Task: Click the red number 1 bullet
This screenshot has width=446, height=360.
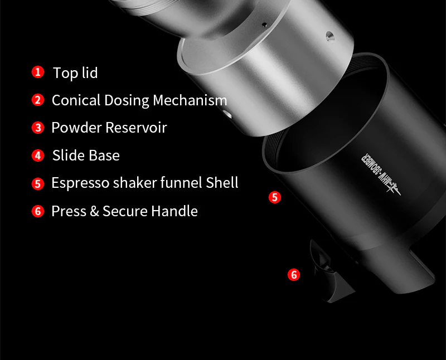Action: point(37,72)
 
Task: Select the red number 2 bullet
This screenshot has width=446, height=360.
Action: point(37,100)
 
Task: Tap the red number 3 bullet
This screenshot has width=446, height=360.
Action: point(37,128)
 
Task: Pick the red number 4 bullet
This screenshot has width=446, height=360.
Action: point(37,155)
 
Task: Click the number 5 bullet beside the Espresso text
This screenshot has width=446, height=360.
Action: point(37,183)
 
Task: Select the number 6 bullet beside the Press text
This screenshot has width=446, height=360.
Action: point(37,211)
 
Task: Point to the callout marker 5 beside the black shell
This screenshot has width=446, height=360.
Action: point(274,197)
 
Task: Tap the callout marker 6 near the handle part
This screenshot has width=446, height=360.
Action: point(294,274)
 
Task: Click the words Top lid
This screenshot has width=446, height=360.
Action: point(75,72)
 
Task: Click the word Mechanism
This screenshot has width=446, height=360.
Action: point(190,100)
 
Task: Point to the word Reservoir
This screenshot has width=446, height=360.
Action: point(137,128)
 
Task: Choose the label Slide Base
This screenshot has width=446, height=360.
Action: point(86,155)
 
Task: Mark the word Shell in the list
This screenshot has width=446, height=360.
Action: point(222,183)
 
